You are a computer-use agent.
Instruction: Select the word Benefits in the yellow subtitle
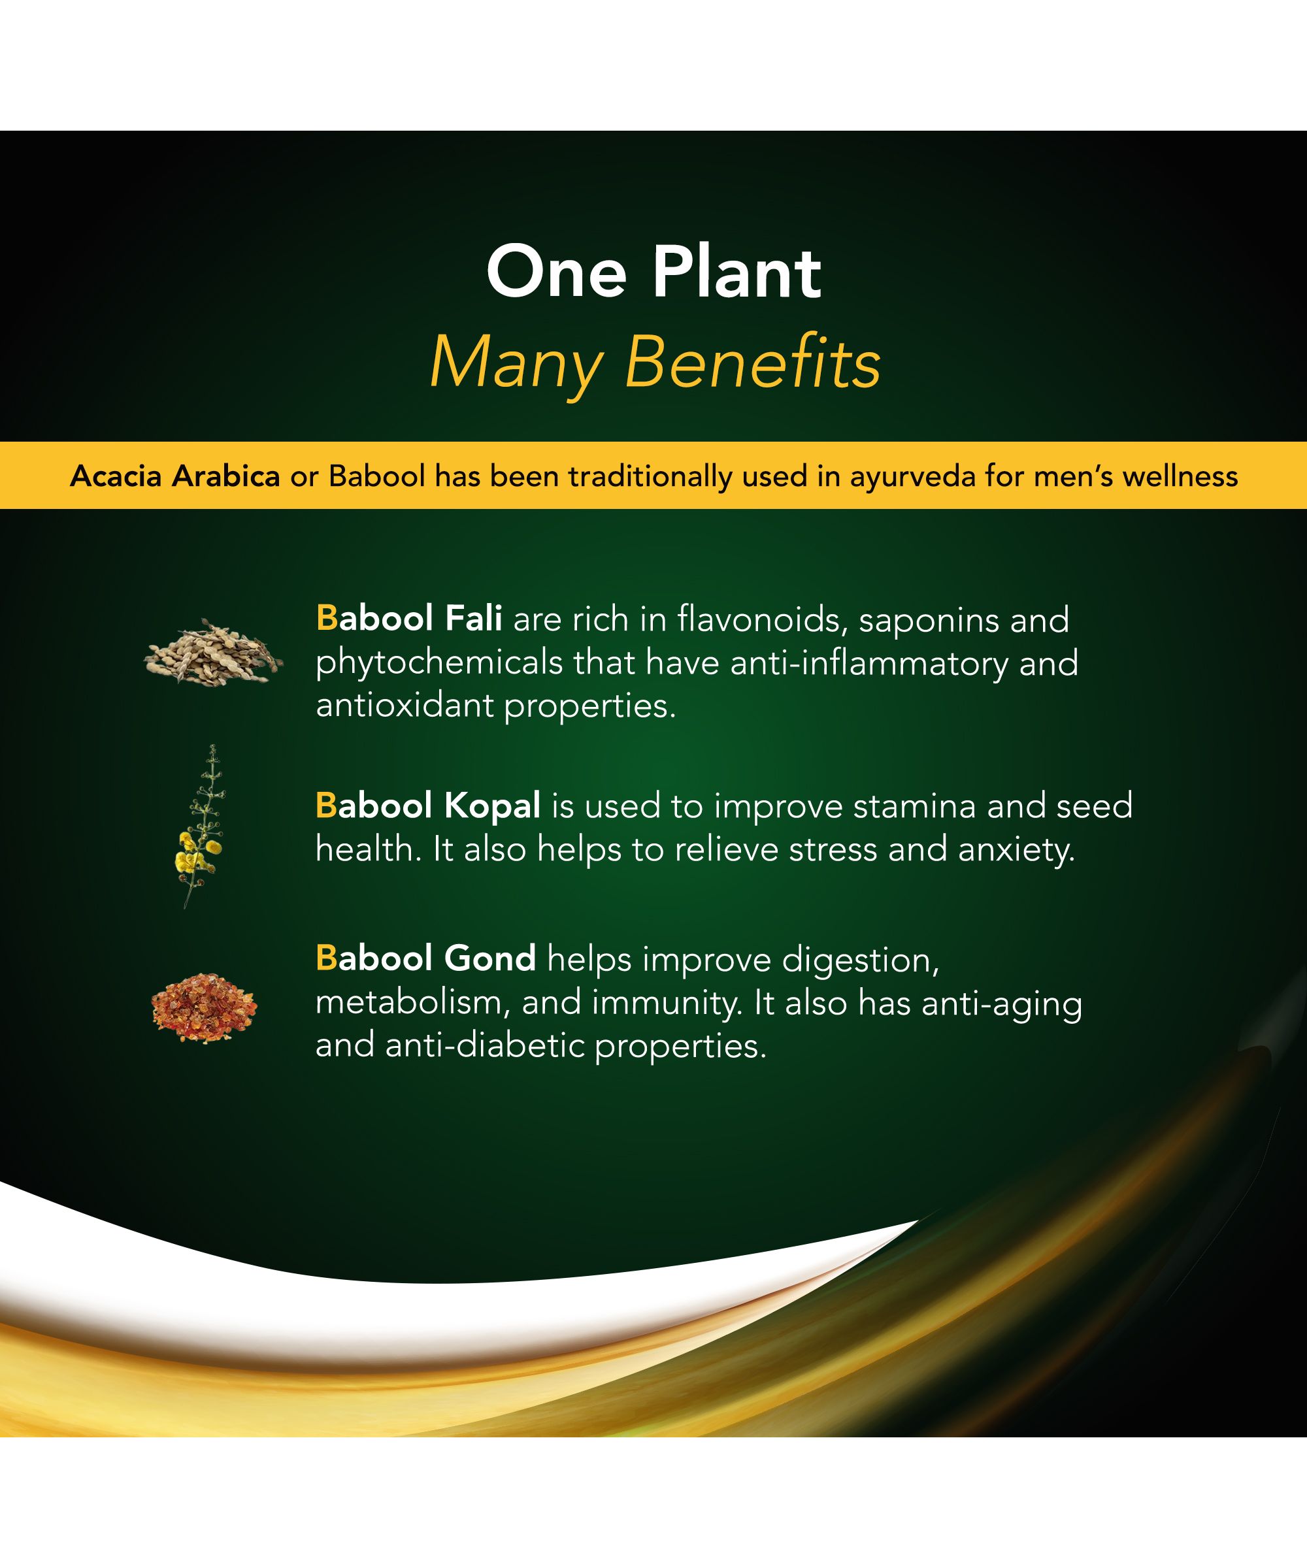coord(753,364)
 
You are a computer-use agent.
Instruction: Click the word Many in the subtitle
coord(516,367)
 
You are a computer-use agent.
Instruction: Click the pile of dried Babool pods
coord(214,652)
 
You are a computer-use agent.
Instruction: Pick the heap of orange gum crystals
coord(204,1007)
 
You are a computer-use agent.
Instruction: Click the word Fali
coord(474,618)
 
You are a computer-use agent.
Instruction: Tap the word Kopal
coord(492,806)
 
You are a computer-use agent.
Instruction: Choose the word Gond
coord(490,958)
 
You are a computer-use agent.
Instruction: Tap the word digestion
coord(861,960)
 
